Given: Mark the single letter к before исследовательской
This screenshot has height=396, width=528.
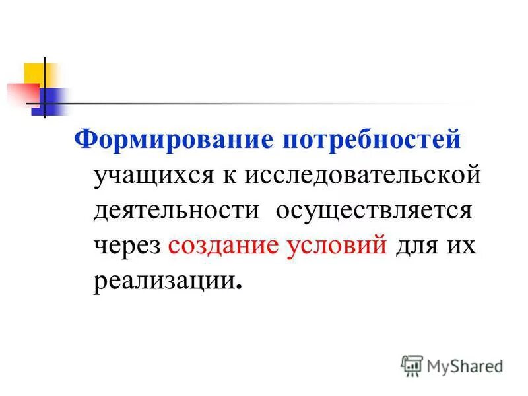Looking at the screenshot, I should point(234,177).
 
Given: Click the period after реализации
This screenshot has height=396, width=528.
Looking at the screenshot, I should point(238,288).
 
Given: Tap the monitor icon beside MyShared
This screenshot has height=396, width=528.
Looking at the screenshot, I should point(412,365).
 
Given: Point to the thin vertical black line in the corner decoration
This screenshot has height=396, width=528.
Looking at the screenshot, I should point(45,86).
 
